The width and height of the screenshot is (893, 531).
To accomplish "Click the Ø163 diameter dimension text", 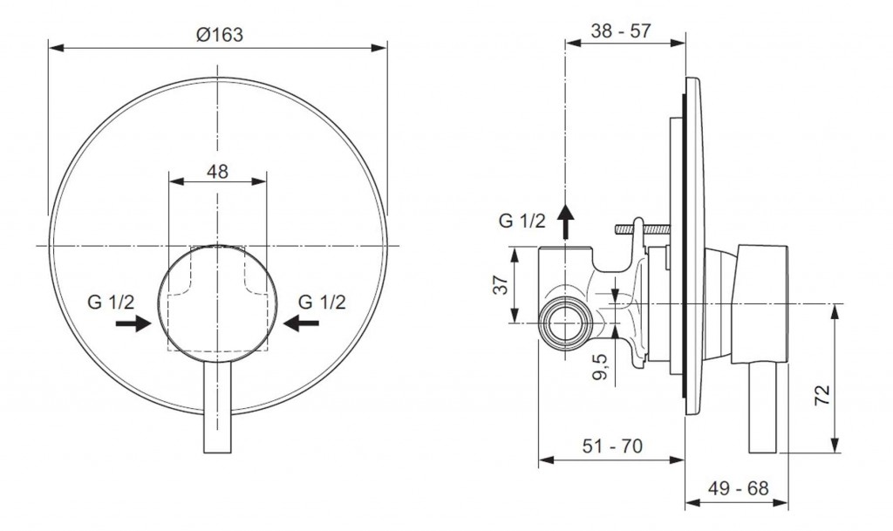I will click(218, 34).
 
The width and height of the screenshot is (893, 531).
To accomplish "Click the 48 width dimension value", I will click(217, 172).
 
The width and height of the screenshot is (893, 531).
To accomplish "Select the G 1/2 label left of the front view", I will click(111, 303).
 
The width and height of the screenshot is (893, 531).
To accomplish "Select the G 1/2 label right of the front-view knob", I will click(322, 303).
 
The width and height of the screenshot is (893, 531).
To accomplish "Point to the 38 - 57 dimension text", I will click(621, 31).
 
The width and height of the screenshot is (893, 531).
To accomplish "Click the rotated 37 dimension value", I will click(501, 285).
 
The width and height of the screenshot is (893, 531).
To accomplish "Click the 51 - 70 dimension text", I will click(613, 447).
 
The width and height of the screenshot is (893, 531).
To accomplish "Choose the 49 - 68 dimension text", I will click(740, 488).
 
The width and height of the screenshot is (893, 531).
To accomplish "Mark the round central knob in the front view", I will click(217, 301).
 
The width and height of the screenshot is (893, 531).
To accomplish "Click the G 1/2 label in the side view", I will click(521, 221).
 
